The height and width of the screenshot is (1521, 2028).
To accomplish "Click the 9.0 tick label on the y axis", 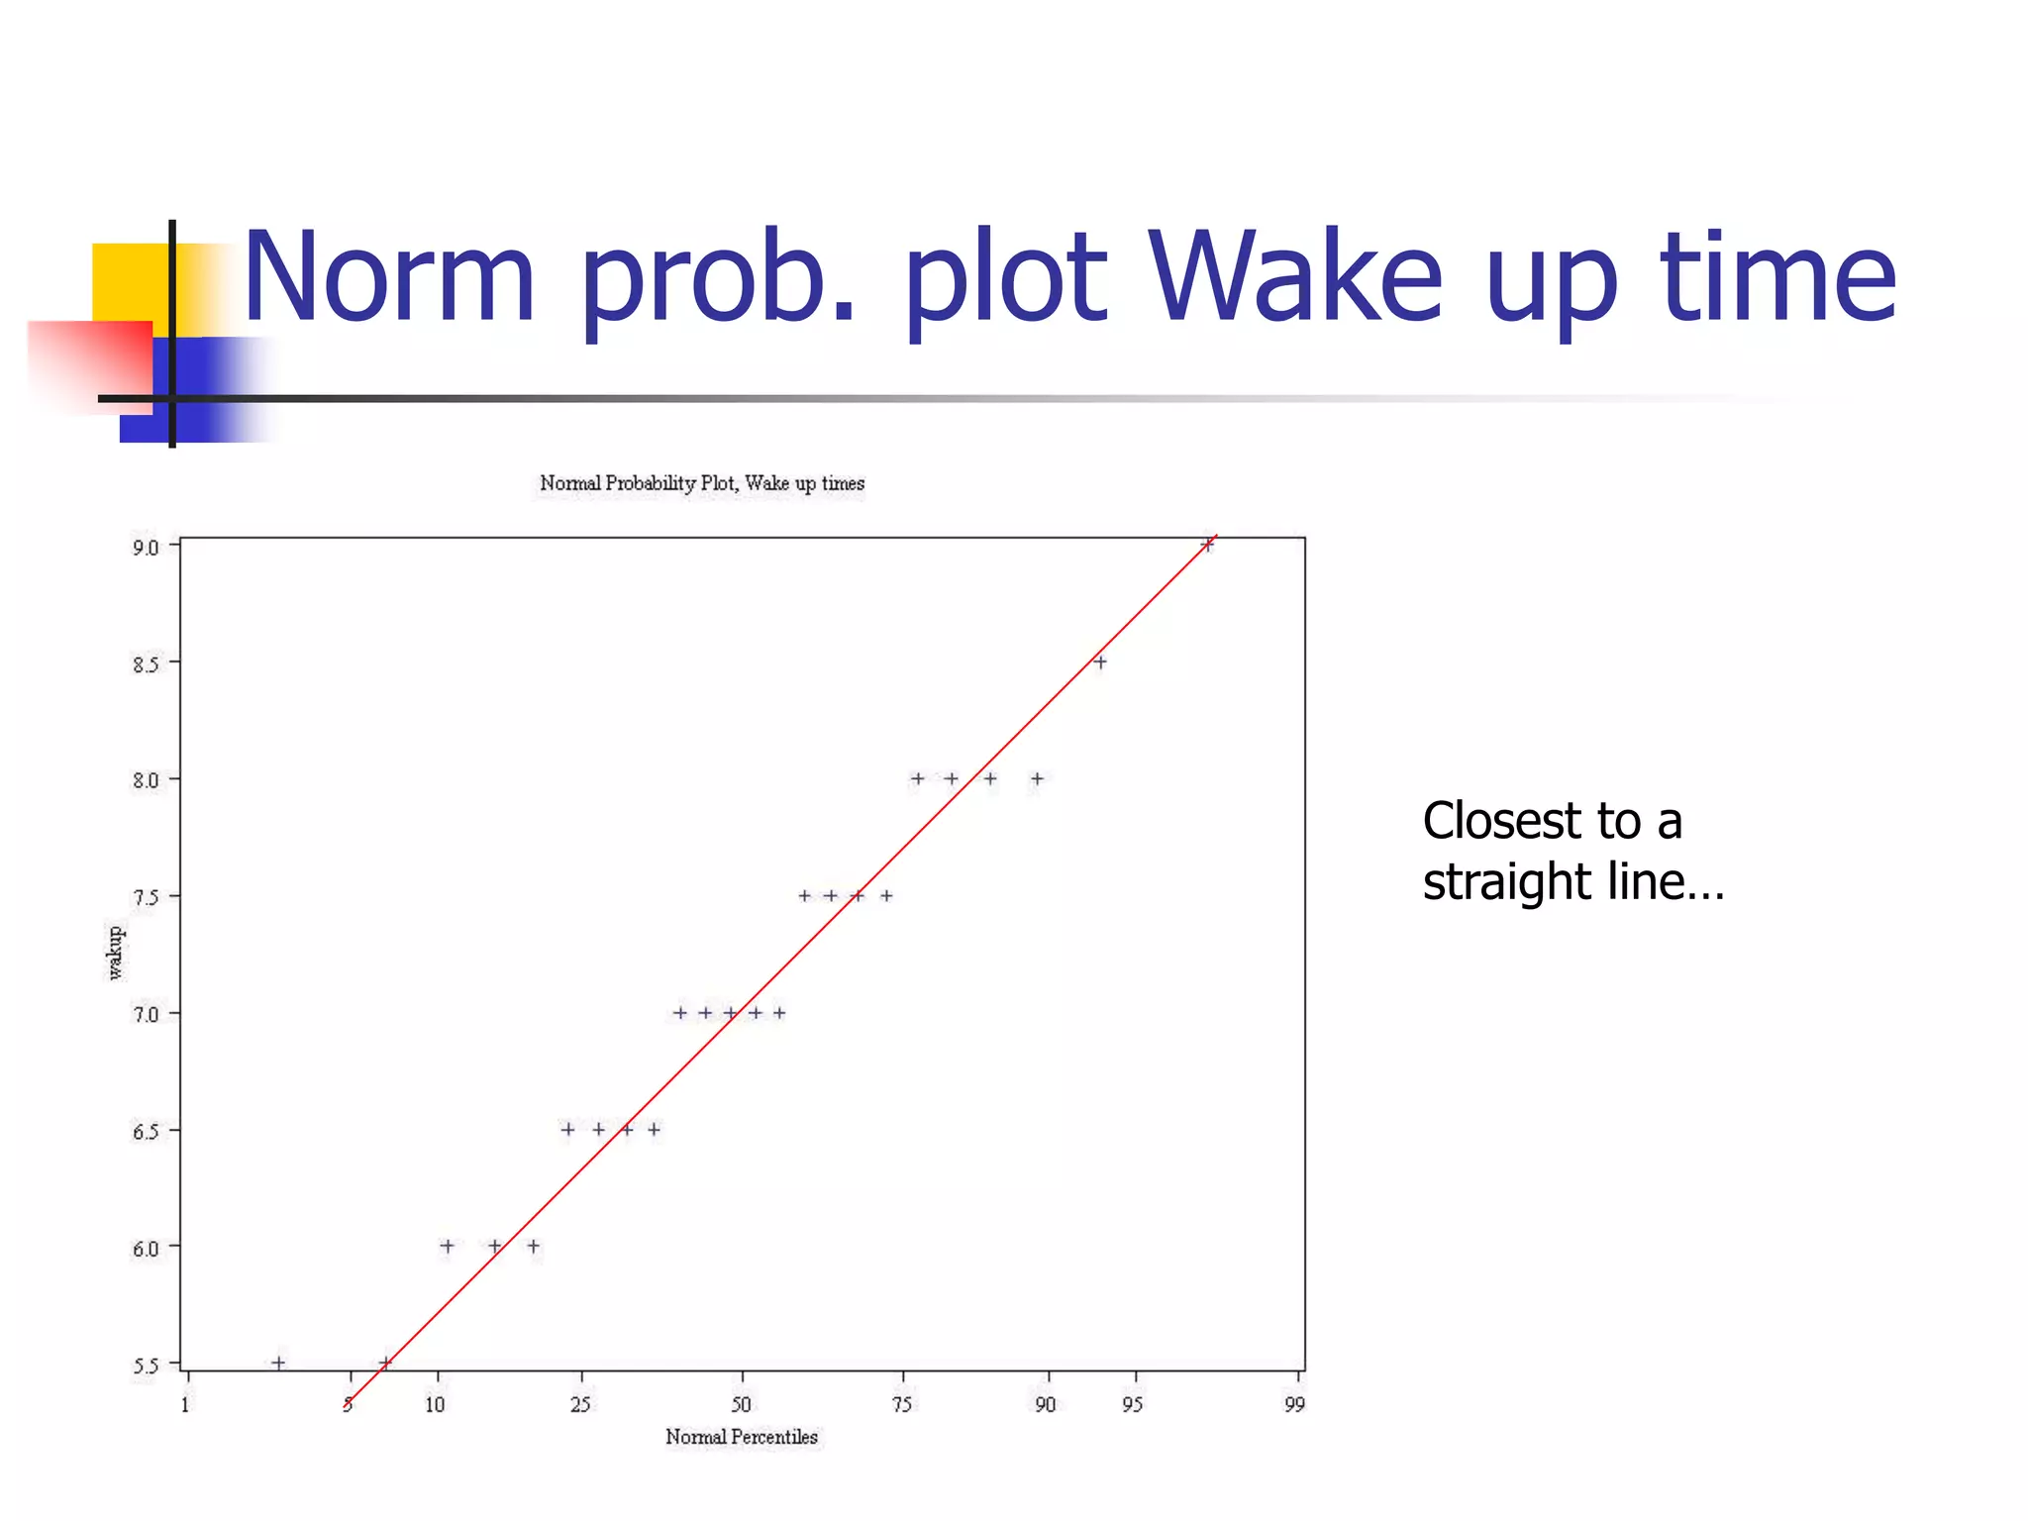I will [146, 548].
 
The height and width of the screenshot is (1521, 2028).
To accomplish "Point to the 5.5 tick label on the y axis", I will [146, 1367].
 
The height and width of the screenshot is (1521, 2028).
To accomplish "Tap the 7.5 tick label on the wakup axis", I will [146, 898].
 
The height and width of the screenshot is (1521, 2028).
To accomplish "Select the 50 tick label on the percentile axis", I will [741, 1404].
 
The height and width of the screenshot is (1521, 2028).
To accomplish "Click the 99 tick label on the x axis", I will [1294, 1404].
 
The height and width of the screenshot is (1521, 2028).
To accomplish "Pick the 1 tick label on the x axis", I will [185, 1404].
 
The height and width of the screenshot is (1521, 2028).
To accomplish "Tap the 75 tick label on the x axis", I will [902, 1404].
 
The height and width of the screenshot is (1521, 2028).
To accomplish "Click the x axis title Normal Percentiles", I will [742, 1437].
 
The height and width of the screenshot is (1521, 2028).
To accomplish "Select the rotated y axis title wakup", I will [116, 953].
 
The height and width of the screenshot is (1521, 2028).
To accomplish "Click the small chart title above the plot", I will [702, 483].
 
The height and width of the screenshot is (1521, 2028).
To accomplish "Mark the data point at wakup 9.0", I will [1207, 545].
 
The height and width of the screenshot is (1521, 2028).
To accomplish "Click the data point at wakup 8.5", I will [1099, 661].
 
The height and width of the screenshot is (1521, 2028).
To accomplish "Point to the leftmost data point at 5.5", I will [278, 1363].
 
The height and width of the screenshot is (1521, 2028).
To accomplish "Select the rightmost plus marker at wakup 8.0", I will [1037, 778].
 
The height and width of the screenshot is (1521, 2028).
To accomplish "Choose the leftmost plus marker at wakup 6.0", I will [447, 1246].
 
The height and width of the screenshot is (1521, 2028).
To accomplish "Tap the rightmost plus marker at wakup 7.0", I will [779, 1012].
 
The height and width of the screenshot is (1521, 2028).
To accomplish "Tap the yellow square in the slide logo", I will [129, 282].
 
